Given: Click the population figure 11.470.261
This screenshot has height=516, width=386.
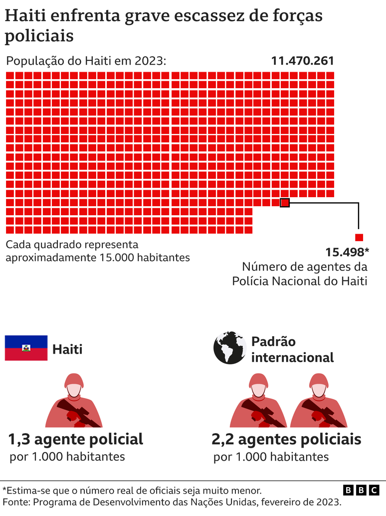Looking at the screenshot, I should (302, 61).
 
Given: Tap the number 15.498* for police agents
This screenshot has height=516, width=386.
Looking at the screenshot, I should (347, 252).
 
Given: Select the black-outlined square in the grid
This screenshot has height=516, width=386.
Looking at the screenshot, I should (285, 203).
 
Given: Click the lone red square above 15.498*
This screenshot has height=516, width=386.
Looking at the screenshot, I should (359, 238).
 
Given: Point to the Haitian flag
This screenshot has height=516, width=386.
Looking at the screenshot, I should (26, 348).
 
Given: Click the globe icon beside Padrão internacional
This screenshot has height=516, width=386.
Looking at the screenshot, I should (230, 348).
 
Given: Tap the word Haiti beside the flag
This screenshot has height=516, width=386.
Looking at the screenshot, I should (67, 349).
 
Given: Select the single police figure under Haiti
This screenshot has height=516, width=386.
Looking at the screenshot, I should (74, 400).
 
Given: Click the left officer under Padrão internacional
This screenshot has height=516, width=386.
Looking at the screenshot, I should (258, 400).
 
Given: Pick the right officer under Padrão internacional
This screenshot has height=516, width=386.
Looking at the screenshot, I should (318, 400).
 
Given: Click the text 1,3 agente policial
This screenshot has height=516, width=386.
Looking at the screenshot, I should (75, 439).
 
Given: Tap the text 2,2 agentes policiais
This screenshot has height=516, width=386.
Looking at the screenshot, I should (286, 439).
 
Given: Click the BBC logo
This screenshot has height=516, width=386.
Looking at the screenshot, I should (361, 491).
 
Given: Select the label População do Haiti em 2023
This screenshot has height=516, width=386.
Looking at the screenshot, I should (85, 61).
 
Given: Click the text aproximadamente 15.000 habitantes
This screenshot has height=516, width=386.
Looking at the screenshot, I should (98, 258).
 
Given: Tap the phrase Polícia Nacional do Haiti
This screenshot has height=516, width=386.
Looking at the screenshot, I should (299, 281).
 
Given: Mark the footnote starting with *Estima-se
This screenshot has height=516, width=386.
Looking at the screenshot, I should (132, 490).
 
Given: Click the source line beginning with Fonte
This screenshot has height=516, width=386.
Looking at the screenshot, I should (172, 502).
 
